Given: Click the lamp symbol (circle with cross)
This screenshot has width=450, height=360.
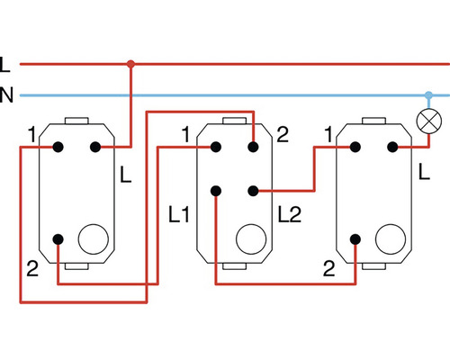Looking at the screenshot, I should [427, 117].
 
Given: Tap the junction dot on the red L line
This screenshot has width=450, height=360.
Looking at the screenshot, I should [131, 64].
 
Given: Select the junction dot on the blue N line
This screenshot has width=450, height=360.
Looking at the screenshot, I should [427, 94].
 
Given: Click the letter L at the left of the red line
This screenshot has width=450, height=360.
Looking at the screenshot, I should [5, 64].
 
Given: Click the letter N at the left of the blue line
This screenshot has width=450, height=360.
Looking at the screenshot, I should [6, 94].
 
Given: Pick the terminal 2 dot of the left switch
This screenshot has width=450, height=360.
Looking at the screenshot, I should [58, 239].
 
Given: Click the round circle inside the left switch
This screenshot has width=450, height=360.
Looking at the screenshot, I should [92, 240].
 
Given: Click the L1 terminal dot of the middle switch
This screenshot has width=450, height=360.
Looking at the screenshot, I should [215, 190].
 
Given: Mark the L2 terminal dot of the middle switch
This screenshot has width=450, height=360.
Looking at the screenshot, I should [254, 190].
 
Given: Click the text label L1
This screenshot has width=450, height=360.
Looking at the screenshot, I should [179, 215].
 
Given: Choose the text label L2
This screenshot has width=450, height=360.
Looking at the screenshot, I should [290, 215].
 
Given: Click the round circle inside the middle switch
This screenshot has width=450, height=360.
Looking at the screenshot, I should [249, 240].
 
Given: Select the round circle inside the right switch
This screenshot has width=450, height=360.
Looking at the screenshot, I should [390, 240].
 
